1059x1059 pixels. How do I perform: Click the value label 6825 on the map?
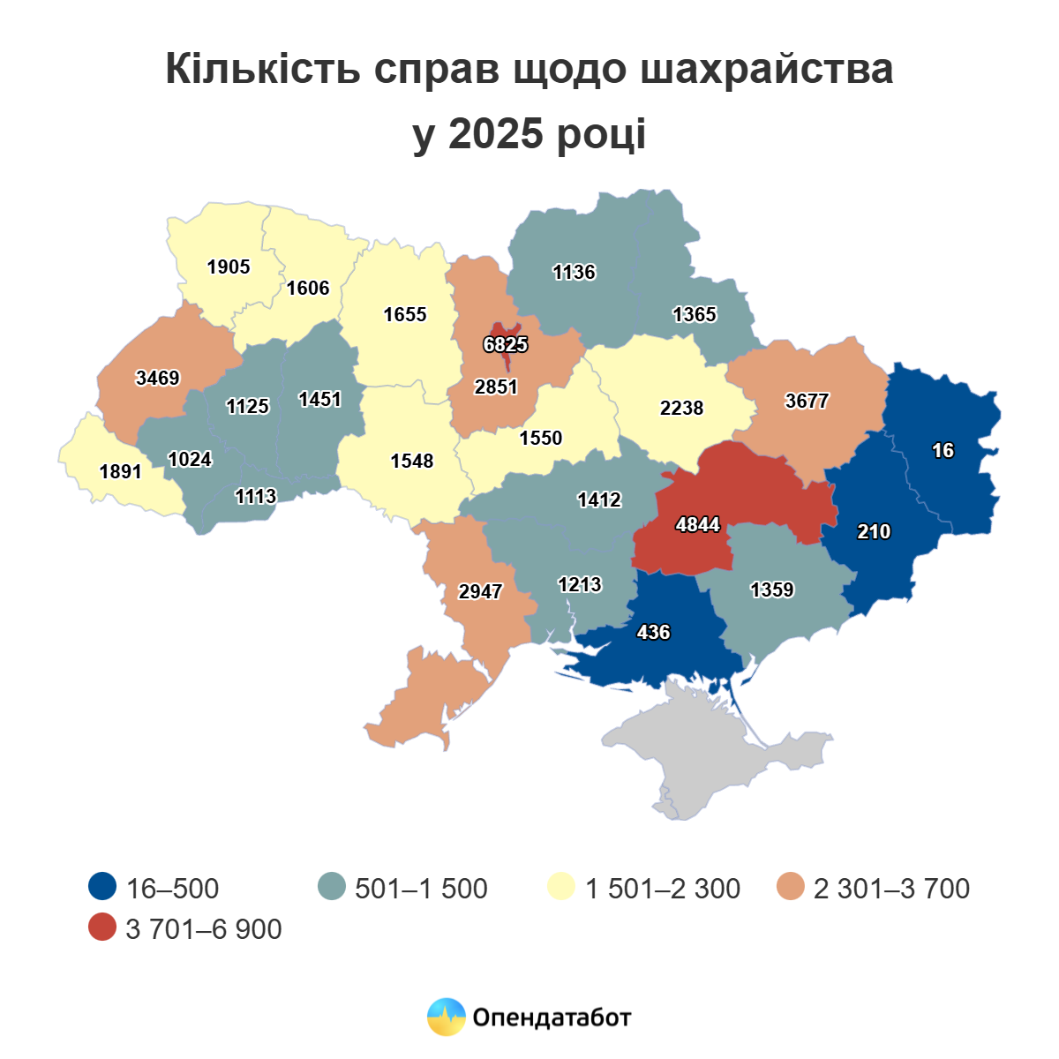[x=506, y=344]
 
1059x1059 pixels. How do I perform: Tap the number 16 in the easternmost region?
[x=943, y=450]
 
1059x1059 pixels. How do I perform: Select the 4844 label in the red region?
[x=698, y=525]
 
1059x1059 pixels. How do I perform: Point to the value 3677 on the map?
[x=807, y=401]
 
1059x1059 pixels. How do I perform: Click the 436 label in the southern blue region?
[x=653, y=632]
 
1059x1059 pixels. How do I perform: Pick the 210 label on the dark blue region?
[x=874, y=531]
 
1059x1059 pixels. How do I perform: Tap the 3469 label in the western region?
[x=158, y=378]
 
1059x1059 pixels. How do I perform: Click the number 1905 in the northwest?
[x=229, y=267]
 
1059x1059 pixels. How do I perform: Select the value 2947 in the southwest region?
[x=480, y=591]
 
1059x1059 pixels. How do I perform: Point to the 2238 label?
[x=682, y=408]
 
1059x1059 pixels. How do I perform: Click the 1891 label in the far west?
[x=121, y=471]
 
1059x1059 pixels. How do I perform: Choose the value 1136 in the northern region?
[x=575, y=272]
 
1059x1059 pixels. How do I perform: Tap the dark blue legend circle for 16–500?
[x=103, y=887]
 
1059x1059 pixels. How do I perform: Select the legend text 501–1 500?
[x=421, y=888]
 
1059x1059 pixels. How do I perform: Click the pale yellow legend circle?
[x=561, y=887]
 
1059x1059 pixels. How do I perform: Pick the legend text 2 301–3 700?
[x=891, y=888]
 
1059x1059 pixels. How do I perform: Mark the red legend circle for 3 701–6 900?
[x=103, y=928]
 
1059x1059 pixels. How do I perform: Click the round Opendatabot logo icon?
[x=446, y=1017]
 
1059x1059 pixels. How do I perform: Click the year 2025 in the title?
[x=494, y=134]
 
